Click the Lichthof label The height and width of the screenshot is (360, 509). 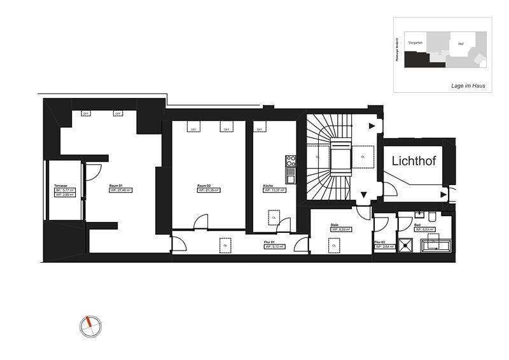414,160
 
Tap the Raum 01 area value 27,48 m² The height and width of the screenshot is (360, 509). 121,190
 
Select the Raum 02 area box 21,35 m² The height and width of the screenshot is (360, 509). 208,190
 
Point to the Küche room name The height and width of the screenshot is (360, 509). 268,186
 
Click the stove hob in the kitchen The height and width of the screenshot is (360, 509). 290,159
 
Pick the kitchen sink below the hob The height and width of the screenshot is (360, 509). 290,170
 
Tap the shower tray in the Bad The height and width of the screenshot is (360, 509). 405,246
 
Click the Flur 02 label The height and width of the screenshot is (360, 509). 380,242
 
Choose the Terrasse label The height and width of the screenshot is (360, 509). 61,186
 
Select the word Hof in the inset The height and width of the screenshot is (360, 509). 461,44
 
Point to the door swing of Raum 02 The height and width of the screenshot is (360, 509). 201,222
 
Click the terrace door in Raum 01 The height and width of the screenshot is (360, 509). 93,171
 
